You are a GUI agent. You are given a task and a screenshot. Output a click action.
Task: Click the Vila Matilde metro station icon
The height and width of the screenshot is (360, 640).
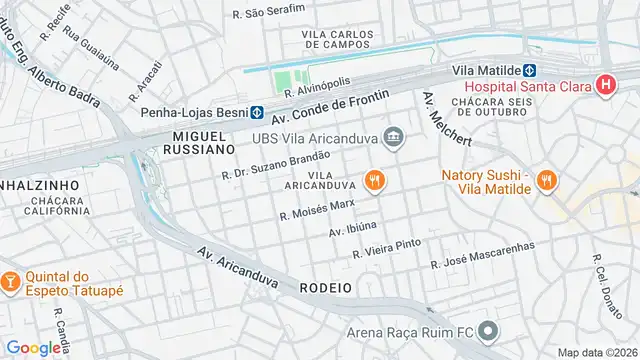pos(530,71)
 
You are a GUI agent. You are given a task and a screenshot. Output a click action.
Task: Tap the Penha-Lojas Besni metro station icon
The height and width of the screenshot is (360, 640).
pos(257,112)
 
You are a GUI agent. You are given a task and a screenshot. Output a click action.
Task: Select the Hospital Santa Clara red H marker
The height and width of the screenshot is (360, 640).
pos(603,85)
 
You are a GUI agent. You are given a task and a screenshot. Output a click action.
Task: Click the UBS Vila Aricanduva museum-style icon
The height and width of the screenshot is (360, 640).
pos(394,136)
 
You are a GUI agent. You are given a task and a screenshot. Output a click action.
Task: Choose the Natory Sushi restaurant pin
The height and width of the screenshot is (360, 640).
pos(546,180)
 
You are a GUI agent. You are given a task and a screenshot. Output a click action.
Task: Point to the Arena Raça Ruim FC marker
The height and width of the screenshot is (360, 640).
pos(487,331)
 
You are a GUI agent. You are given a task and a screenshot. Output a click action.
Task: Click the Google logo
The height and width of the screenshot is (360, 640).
pos(34,347)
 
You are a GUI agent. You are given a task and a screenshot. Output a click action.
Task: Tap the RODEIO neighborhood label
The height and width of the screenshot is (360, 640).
pos(325,287)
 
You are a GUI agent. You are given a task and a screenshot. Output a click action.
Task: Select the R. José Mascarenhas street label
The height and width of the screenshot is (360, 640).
pos(482,256)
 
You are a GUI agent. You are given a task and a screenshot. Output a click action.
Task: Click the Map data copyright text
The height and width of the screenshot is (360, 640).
pos(596,352)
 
